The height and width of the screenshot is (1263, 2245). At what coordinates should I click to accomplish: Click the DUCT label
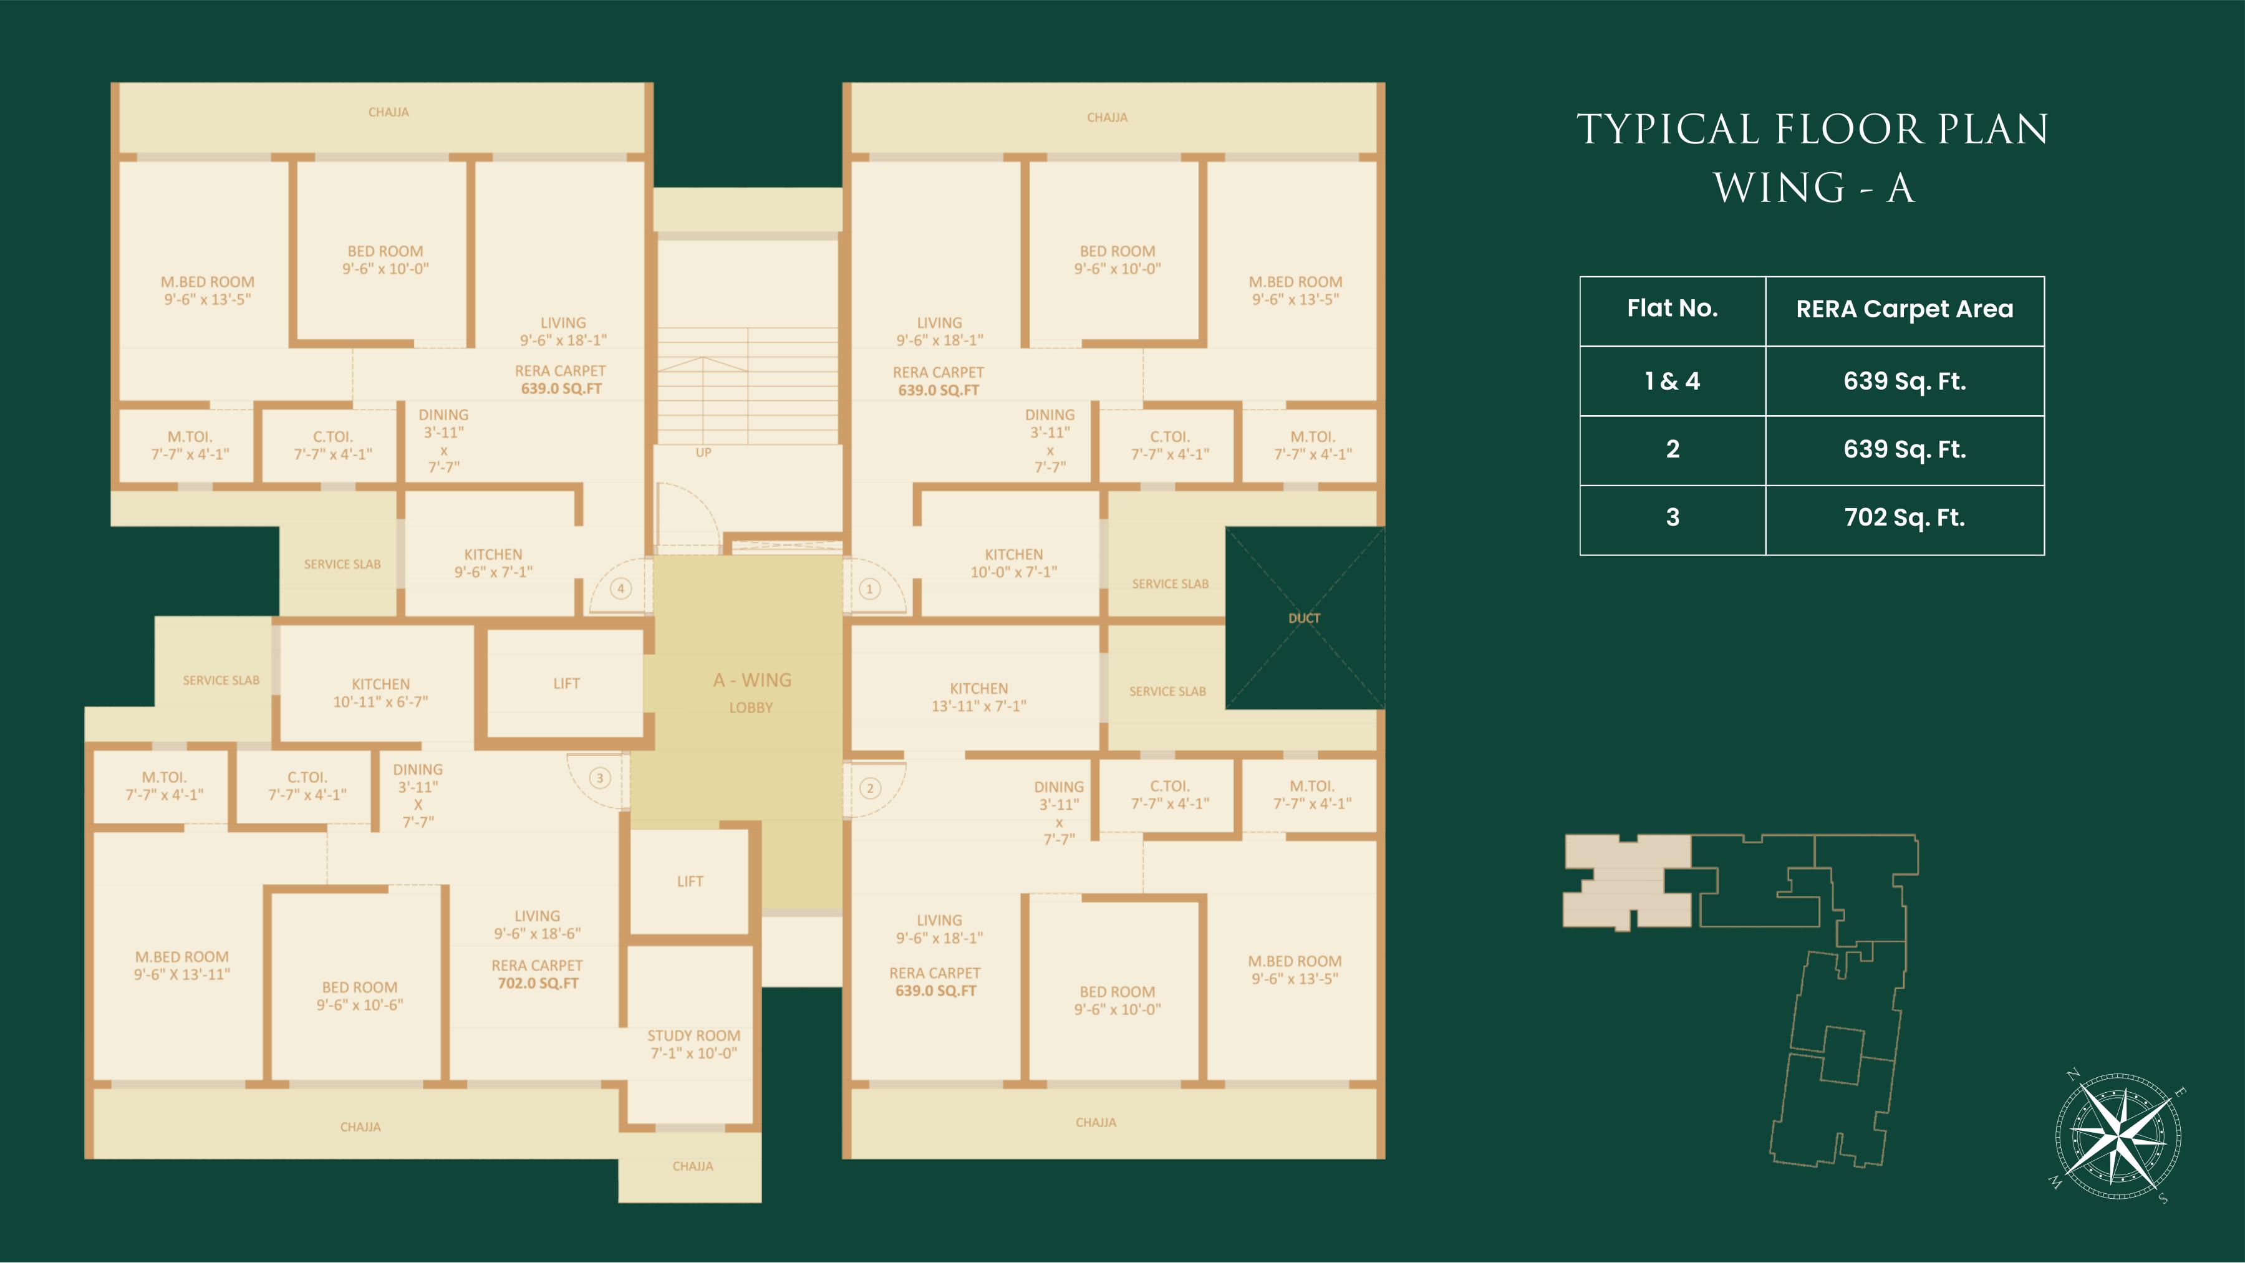coord(1304,618)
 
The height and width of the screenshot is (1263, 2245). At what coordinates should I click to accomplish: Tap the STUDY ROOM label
coord(693,1044)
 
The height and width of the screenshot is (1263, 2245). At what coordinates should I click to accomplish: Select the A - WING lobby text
coord(752,680)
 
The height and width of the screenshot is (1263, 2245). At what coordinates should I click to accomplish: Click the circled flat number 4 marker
coord(620,589)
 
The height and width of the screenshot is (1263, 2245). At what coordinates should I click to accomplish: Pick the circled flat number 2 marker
coord(870,789)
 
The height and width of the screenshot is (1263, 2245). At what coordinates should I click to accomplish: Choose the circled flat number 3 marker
coord(599,778)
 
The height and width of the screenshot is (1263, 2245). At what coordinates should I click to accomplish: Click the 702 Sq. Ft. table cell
coord(1905,518)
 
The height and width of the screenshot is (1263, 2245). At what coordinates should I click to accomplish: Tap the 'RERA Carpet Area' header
coord(1905,309)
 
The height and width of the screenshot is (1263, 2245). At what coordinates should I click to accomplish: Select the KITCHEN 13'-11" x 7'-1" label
coord(978,697)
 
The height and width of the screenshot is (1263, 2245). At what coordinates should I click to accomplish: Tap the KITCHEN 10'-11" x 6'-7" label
coord(381,693)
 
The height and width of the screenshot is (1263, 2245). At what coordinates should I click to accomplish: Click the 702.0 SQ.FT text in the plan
coord(538,983)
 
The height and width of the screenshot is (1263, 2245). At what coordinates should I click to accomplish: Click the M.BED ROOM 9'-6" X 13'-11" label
coord(182,965)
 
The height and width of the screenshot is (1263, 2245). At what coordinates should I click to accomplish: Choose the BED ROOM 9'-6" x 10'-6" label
coord(360,996)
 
